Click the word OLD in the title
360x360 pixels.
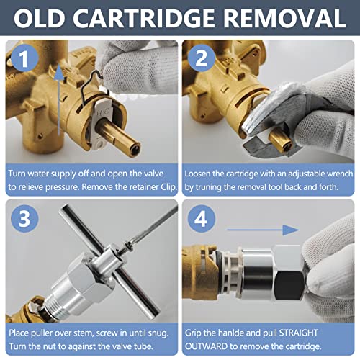coord(39,19)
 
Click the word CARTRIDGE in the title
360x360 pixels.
coord(144,19)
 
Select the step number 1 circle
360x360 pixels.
coord(24,58)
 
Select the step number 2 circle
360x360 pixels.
coord(201,58)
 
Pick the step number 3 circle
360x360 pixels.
coord(24,219)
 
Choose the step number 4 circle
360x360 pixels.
coord(201,219)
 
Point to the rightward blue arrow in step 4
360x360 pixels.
coord(263,230)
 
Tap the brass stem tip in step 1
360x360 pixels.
coord(132,149)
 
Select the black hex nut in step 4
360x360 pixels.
coord(289,286)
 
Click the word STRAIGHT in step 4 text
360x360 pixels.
coord(298,333)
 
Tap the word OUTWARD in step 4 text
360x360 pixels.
coord(207,346)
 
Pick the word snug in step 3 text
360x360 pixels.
coord(158,333)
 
